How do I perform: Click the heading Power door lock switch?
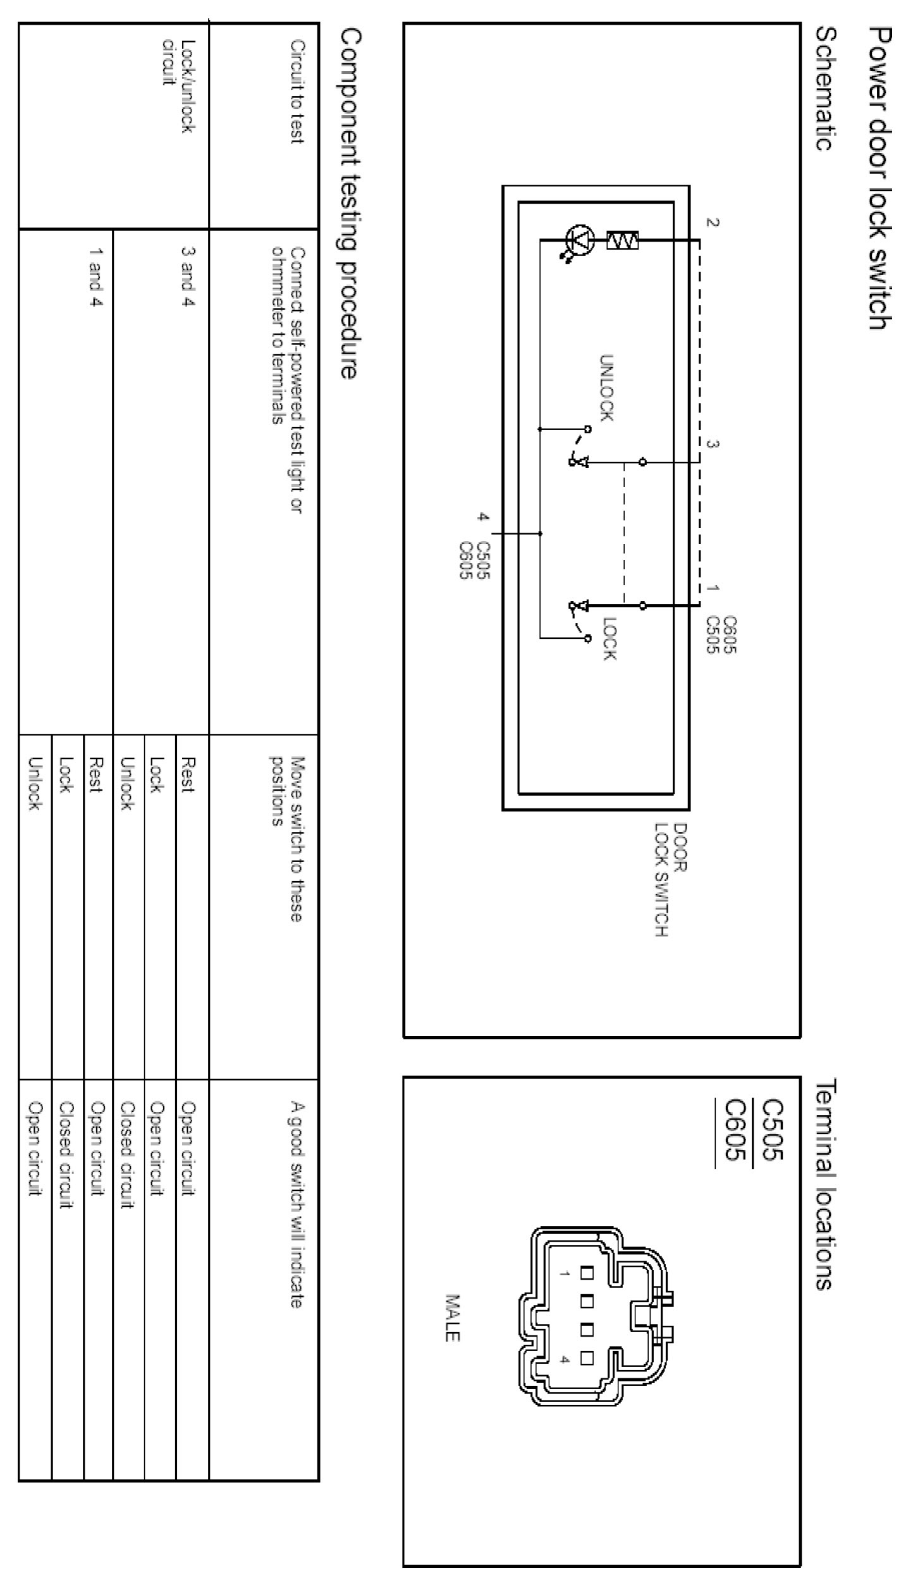click(x=880, y=178)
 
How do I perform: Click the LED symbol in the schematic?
click(x=580, y=241)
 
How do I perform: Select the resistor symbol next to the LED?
click(x=622, y=240)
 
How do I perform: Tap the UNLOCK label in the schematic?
click(x=606, y=387)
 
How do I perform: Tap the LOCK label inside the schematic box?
click(x=608, y=638)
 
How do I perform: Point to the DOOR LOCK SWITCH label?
click(x=670, y=879)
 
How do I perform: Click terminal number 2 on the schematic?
click(x=713, y=222)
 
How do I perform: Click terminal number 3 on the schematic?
click(x=713, y=444)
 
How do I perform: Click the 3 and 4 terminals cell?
click(x=187, y=276)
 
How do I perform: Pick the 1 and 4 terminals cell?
click(x=95, y=276)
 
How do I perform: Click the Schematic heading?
click(x=823, y=88)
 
